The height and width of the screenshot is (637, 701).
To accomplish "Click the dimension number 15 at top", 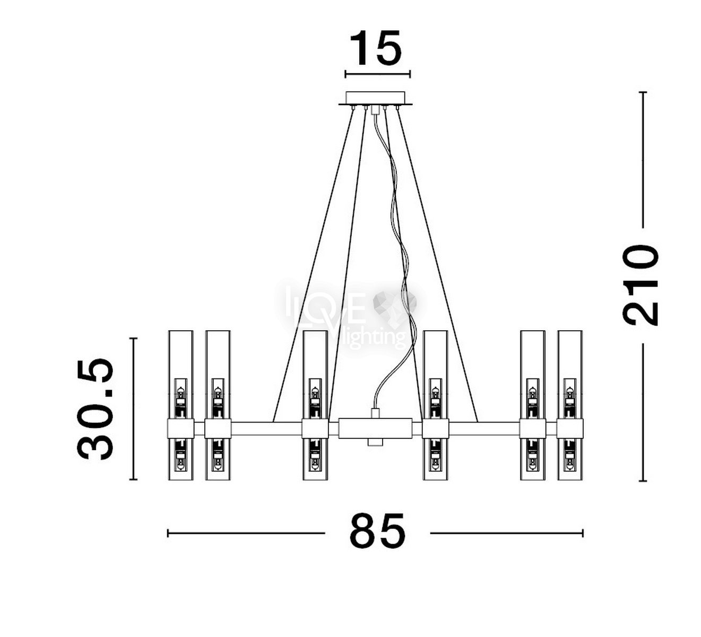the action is pos(376,48).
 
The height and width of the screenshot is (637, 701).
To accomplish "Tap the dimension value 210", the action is pos(640,285).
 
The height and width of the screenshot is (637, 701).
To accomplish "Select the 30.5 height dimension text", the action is pos(95,408).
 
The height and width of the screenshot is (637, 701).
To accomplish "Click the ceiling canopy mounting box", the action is pos(375,98).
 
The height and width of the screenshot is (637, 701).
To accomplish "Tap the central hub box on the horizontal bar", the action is pos(375,427).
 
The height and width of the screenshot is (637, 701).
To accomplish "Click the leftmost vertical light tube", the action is pos(180,405).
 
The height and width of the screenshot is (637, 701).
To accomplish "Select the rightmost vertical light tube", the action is pos(570,405).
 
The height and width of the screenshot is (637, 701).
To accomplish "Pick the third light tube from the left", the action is pos(315,405).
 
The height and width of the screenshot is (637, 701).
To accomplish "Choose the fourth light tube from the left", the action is pos(435,405).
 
